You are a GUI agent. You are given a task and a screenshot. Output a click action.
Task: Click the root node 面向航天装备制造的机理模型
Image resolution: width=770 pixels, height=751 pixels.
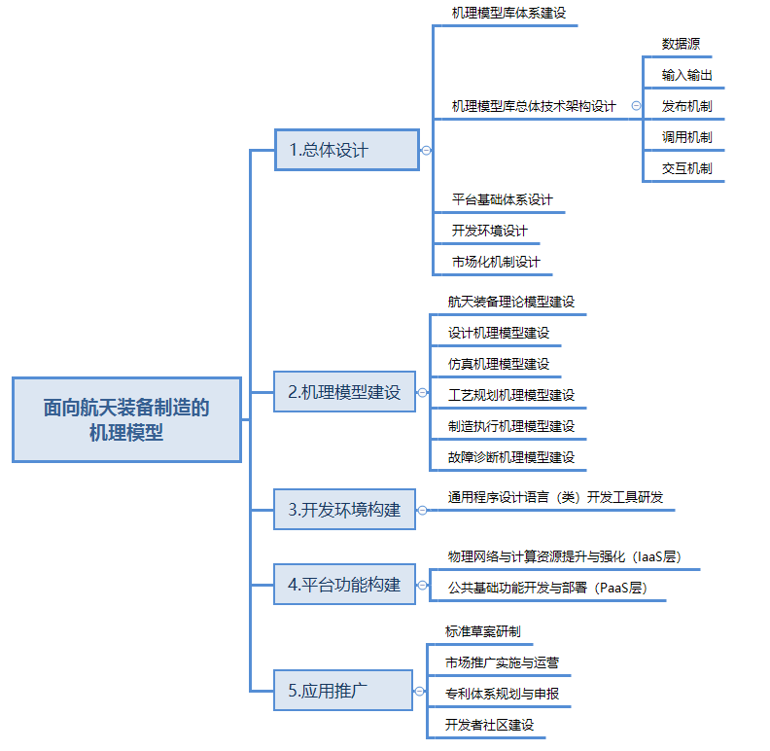click(x=126, y=419)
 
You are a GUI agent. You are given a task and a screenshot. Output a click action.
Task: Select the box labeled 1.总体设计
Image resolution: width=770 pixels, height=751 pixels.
click(x=346, y=150)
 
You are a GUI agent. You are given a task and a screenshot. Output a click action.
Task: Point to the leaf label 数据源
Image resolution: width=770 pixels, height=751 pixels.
click(x=681, y=44)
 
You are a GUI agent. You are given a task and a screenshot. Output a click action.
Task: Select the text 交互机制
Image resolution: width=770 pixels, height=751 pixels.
click(x=686, y=168)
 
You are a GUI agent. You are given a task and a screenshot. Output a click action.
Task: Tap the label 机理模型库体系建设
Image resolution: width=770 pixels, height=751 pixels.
click(x=508, y=14)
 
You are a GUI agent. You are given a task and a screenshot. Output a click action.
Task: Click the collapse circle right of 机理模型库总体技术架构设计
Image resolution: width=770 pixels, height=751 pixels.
click(x=636, y=106)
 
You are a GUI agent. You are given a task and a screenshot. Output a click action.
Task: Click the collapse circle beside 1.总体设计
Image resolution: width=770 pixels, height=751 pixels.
click(x=426, y=150)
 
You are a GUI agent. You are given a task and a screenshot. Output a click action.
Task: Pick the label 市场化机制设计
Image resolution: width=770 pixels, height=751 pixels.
click(x=496, y=262)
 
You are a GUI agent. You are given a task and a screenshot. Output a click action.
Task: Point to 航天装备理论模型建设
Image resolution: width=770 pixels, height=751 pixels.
click(x=511, y=302)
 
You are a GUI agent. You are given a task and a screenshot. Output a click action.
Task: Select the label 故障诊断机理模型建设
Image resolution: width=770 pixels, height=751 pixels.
click(x=511, y=457)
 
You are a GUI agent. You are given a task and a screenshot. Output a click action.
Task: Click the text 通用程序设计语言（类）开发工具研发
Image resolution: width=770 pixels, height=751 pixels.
click(x=555, y=497)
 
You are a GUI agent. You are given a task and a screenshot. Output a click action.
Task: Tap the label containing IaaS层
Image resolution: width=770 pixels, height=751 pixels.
click(x=563, y=556)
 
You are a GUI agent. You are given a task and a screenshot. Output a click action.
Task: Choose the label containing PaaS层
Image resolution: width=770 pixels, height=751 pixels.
click(x=547, y=588)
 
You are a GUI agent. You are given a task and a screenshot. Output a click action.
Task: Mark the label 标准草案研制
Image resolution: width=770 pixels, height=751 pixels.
click(x=482, y=632)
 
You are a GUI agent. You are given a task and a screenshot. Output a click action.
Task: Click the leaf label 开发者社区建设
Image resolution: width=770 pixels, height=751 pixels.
click(x=489, y=725)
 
